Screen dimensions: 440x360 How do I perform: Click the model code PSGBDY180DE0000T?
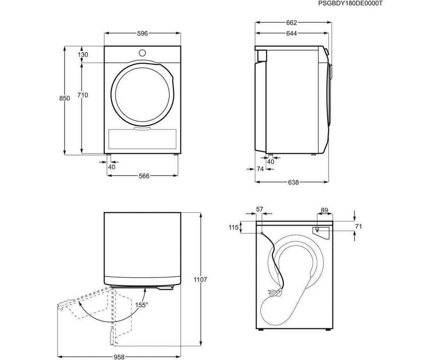coord(350,4)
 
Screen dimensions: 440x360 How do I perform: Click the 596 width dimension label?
coord(142,33)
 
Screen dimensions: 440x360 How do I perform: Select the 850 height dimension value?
coord(64,98)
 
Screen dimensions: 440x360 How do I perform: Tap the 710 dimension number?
coord(83,95)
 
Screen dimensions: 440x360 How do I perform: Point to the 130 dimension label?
coord(83,55)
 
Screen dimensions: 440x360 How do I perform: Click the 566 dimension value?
coord(144,176)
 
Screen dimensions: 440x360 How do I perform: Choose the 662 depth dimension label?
coord(291,22)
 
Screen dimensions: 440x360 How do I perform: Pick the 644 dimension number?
coord(291,33)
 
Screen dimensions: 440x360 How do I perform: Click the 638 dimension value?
coord(293,182)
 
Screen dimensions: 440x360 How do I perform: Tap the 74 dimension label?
coord(260,169)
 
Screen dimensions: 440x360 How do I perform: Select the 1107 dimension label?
coord(200,279)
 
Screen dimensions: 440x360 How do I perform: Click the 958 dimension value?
coord(119,357)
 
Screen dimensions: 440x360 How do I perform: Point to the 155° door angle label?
coord(141,305)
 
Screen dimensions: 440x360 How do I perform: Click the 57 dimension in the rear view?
coord(259,209)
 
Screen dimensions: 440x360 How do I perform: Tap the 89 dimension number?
coord(324,210)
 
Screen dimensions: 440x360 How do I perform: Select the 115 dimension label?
coord(233,227)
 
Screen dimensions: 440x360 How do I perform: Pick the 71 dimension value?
coord(358,226)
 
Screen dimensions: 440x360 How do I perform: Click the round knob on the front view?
coord(142,53)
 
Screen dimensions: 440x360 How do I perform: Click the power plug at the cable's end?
coord(275,293)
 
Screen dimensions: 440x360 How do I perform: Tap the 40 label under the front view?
coord(112,167)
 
